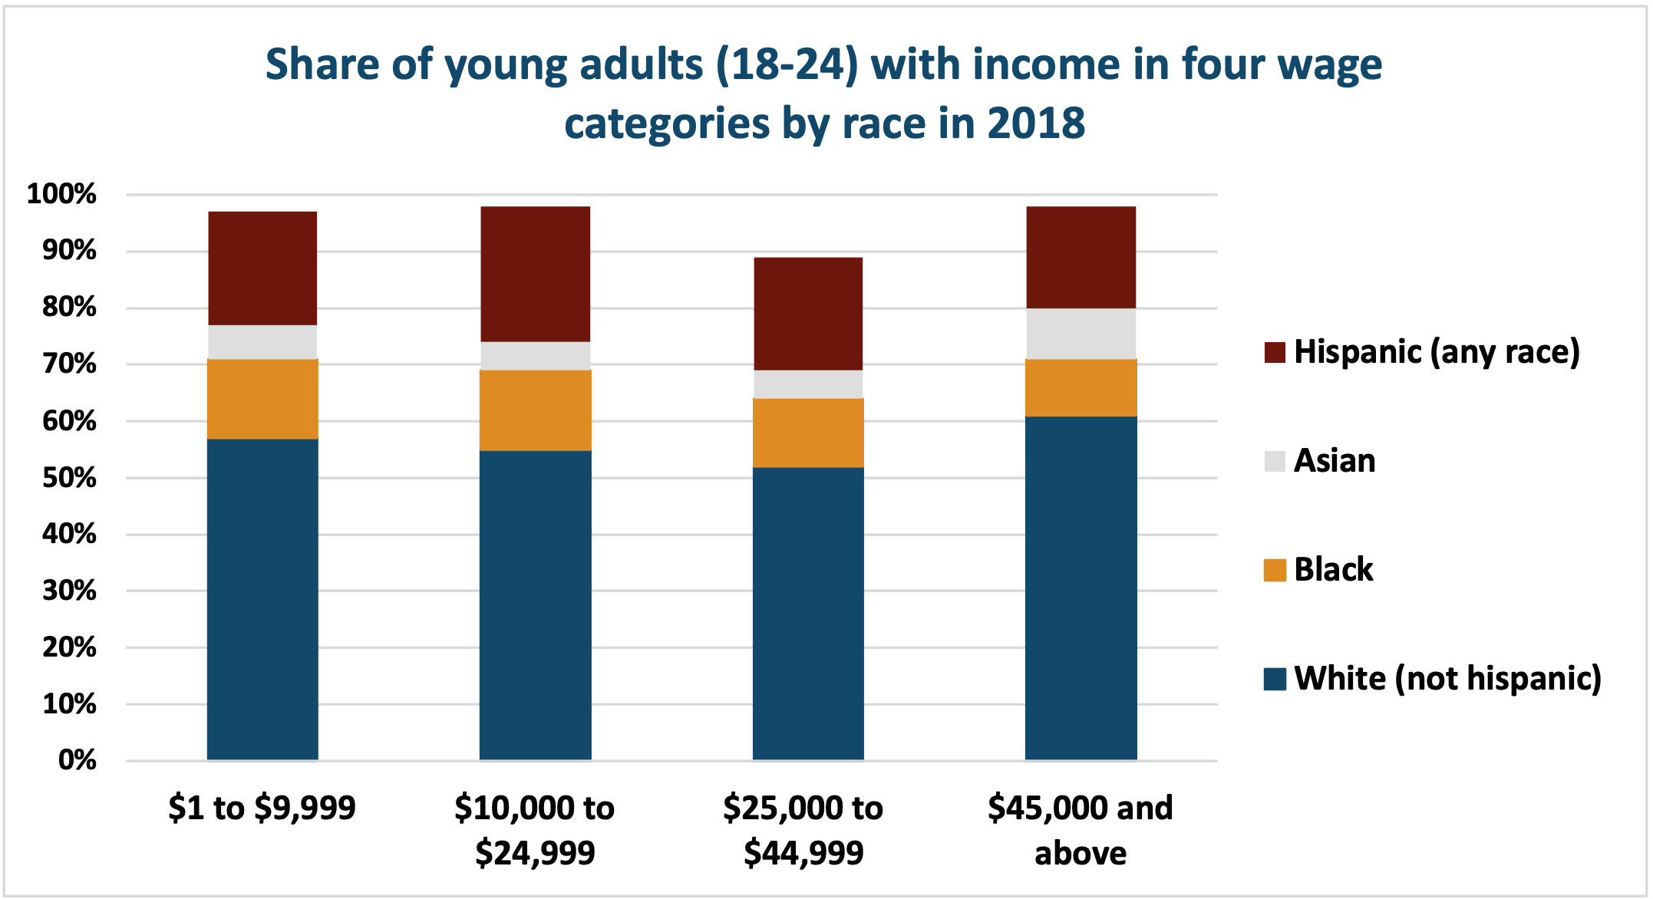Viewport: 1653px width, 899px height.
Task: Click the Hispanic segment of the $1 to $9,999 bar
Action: tap(262, 268)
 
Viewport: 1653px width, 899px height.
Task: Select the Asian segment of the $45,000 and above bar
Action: tap(1081, 334)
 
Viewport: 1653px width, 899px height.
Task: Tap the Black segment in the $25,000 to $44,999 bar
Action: tap(808, 433)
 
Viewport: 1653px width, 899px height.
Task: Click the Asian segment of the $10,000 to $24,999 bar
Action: tap(535, 356)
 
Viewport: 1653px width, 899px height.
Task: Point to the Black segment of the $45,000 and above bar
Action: tap(1081, 387)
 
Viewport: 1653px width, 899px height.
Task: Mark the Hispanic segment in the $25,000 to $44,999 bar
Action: tap(808, 314)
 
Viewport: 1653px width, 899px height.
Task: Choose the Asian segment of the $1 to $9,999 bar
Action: tap(262, 342)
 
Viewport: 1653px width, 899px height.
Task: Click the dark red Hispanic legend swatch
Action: tap(1275, 352)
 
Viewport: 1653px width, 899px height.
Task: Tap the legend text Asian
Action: tap(1334, 461)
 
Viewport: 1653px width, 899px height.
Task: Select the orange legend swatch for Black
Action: tap(1275, 570)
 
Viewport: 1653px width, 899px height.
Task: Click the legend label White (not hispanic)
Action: tap(1447, 679)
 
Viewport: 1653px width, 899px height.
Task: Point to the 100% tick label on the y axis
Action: tap(61, 194)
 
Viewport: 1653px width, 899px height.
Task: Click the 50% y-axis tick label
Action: tap(69, 478)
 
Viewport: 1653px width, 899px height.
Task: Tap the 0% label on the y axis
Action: tap(77, 760)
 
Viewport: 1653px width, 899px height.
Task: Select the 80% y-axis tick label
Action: tap(69, 308)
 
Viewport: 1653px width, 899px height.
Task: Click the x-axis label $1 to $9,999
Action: tap(262, 808)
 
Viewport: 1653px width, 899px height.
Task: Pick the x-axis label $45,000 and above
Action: tap(1080, 830)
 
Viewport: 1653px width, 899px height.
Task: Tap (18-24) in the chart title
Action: tap(787, 64)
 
